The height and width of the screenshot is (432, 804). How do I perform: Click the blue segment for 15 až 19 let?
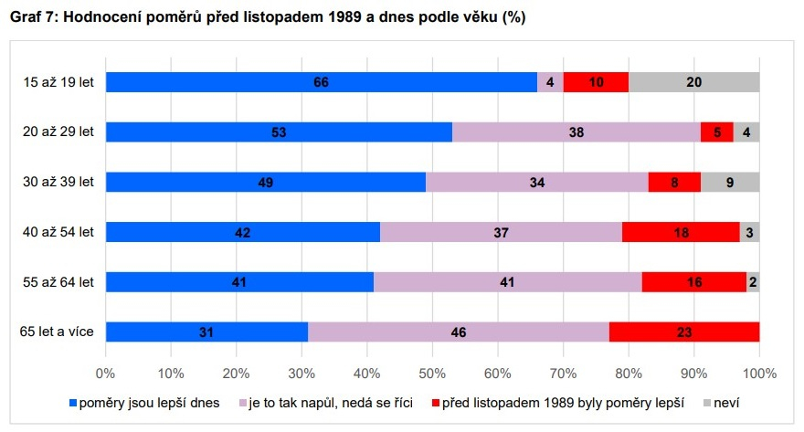(321, 82)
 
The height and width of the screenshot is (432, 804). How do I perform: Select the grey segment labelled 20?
(694, 82)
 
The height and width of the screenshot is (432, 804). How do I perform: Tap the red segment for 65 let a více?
(684, 332)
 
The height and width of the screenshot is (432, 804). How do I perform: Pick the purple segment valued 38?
(577, 132)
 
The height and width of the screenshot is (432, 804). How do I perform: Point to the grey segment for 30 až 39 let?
(730, 182)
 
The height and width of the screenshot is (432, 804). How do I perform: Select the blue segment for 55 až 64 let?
(239, 281)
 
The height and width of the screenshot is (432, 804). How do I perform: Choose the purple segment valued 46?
(459, 332)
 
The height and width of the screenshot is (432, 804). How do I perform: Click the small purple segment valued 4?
(550, 82)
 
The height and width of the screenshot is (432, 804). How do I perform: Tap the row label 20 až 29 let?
(58, 132)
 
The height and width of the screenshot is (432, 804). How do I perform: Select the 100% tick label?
(759, 373)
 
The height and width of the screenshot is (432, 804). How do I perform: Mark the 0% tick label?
(105, 373)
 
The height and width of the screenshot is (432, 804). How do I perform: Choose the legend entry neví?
(725, 402)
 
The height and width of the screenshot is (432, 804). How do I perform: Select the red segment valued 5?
(717, 132)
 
